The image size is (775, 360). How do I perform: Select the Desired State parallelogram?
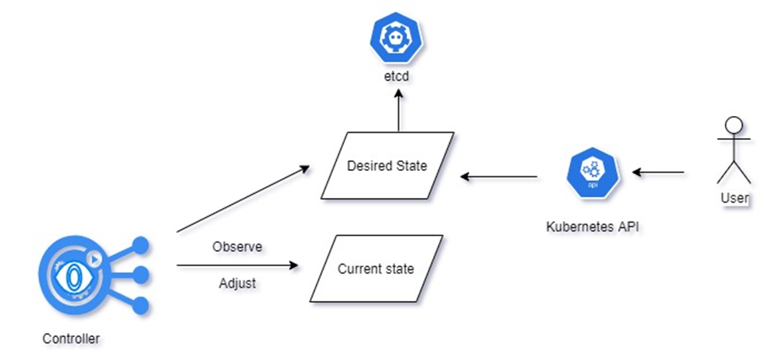pos(387,166)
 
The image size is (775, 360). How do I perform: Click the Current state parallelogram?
pos(376,269)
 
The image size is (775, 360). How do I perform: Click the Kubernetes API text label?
pos(592,226)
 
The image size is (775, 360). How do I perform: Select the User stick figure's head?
pos(734,126)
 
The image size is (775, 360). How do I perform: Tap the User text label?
pos(735,197)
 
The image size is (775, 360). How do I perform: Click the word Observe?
pos(238,246)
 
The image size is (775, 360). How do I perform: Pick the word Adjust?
pos(238,283)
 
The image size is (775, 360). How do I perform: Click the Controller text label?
pos(72,339)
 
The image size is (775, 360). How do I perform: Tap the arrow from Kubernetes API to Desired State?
pos(501,176)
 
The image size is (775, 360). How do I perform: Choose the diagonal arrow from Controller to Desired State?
pos(242,199)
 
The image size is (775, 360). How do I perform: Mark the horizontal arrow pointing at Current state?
pos(238,265)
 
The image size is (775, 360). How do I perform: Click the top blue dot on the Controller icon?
pos(141,245)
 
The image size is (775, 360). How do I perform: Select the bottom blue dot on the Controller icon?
pos(141,305)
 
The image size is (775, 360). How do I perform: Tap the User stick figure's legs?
pos(734,172)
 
